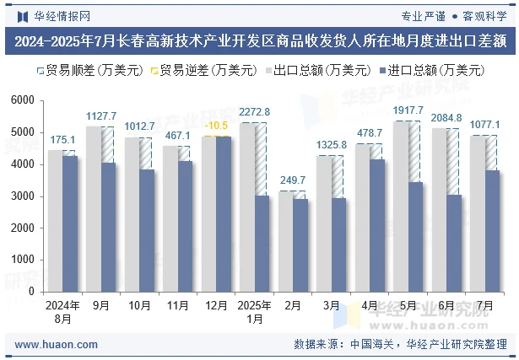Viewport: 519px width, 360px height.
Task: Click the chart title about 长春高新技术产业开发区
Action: pyautogui.click(x=259, y=40)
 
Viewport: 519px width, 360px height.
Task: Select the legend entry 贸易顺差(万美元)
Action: pyautogui.click(x=81, y=71)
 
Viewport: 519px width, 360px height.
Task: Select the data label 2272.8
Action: pyautogui.click(x=254, y=112)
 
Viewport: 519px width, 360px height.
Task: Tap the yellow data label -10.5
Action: pyautogui.click(x=216, y=126)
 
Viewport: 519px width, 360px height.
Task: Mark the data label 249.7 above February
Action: pyautogui.click(x=293, y=180)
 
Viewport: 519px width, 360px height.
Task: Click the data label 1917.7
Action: pyautogui.click(x=408, y=110)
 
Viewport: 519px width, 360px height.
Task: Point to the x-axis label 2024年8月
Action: pyautogui.click(x=62, y=311)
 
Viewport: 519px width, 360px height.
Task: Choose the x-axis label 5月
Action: pyautogui.click(x=408, y=305)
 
